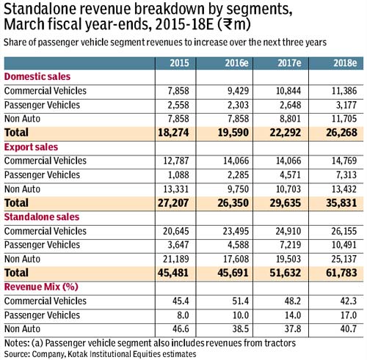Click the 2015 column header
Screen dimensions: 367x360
tap(179, 63)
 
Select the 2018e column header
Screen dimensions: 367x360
tap(345, 63)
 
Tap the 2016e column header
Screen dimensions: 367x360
tap(236, 63)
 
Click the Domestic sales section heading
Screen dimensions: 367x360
tap(37, 77)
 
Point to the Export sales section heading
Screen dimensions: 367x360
tap(31, 147)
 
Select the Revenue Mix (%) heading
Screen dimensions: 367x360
tap(41, 287)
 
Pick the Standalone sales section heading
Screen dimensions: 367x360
tap(42, 217)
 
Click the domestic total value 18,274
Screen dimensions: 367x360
tap(173, 133)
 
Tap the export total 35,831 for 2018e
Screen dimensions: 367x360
tap(341, 203)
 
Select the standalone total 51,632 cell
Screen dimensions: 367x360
tap(286, 273)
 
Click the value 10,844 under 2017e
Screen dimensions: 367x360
tap(288, 91)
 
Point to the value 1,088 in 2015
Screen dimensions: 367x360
tap(178, 175)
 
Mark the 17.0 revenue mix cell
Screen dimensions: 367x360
tap(349, 315)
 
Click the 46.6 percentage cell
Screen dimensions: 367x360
tap(181, 329)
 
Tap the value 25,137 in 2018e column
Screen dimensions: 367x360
tap(344, 259)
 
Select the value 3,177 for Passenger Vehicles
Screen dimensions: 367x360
tap(346, 105)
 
